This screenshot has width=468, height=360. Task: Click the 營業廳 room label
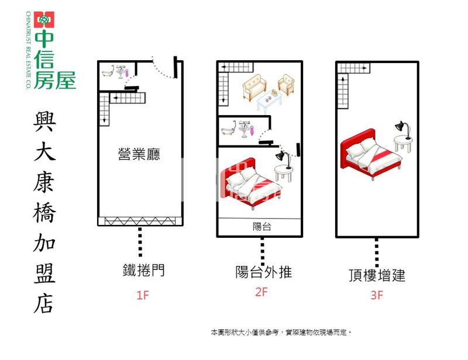(139, 154)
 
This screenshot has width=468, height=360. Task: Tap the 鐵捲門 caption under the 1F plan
(143, 270)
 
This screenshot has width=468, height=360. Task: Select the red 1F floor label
(142, 295)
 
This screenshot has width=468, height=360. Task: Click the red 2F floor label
(261, 292)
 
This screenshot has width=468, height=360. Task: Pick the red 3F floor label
(377, 295)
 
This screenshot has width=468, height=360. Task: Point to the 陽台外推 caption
(264, 272)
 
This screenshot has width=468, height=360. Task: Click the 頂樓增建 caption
(377, 275)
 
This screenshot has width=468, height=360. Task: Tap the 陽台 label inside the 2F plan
(262, 227)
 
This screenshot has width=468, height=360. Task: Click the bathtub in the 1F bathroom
(108, 71)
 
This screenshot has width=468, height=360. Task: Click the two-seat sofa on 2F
(254, 86)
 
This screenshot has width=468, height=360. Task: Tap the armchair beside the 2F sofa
(286, 84)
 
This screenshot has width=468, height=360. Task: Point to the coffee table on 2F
(269, 101)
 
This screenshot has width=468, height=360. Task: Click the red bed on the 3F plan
(371, 154)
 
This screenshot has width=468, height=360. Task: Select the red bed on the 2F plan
(251, 184)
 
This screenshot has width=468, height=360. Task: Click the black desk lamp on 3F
(403, 130)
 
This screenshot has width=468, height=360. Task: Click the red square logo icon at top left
(44, 20)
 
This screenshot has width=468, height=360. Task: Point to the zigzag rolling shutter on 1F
(139, 221)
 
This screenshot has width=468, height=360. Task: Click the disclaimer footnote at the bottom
(281, 333)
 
